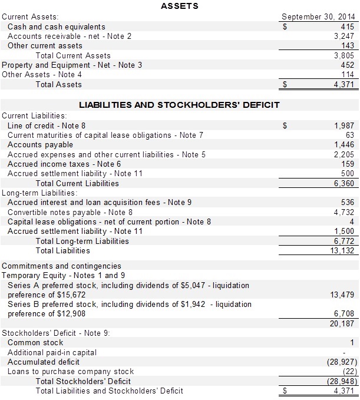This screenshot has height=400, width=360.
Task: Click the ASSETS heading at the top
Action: coord(179,6)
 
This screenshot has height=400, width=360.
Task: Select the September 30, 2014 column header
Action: coord(318,16)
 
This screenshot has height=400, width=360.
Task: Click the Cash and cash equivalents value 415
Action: coord(347,27)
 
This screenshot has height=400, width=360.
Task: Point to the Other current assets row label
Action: coord(45,45)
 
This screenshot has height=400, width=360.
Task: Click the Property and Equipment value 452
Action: coord(348,65)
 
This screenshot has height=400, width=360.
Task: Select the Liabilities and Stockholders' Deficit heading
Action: coord(179,105)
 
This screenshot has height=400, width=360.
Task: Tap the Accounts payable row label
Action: coord(40,144)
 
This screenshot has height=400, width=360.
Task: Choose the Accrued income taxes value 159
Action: coord(348,164)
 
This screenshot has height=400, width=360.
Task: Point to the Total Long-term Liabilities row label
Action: coord(82,241)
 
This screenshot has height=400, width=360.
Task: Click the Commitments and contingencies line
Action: coord(61,266)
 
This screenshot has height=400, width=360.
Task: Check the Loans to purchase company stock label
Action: coord(71,371)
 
